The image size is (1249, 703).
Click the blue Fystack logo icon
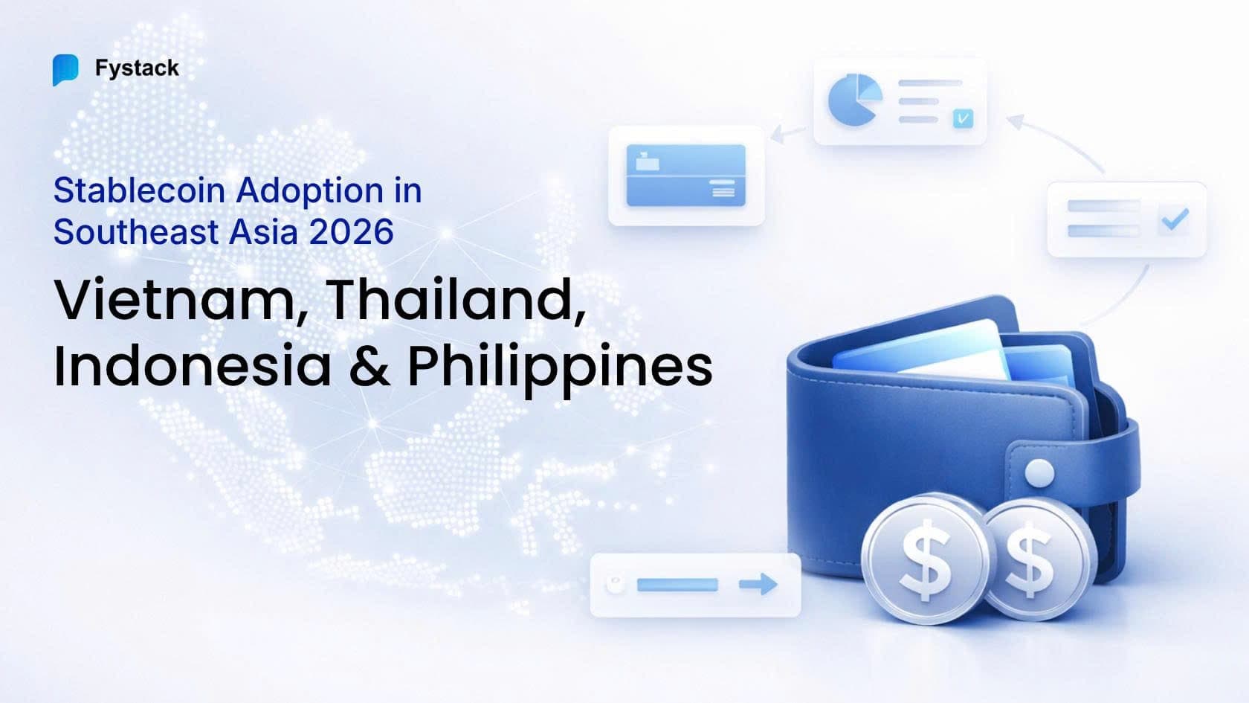[x=65, y=70]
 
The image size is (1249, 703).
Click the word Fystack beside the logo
[x=137, y=68]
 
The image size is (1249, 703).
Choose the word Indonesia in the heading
[x=193, y=365]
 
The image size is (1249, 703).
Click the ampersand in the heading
[x=369, y=365]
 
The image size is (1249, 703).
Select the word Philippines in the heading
[x=560, y=367]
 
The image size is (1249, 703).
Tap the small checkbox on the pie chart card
[x=963, y=118]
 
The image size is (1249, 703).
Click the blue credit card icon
[x=685, y=175]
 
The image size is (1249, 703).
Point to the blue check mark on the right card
[x=1175, y=219]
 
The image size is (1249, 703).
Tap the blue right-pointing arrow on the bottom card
[x=758, y=585]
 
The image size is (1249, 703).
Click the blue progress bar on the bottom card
[x=677, y=585]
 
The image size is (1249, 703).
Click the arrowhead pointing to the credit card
[x=776, y=136]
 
